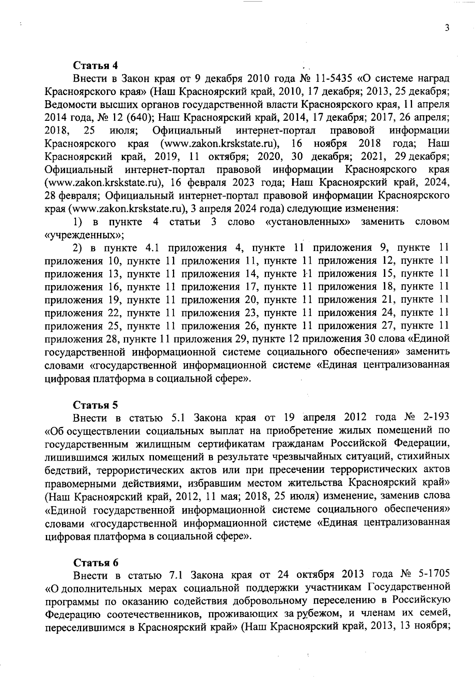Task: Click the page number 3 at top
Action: pyautogui.click(x=446, y=28)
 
